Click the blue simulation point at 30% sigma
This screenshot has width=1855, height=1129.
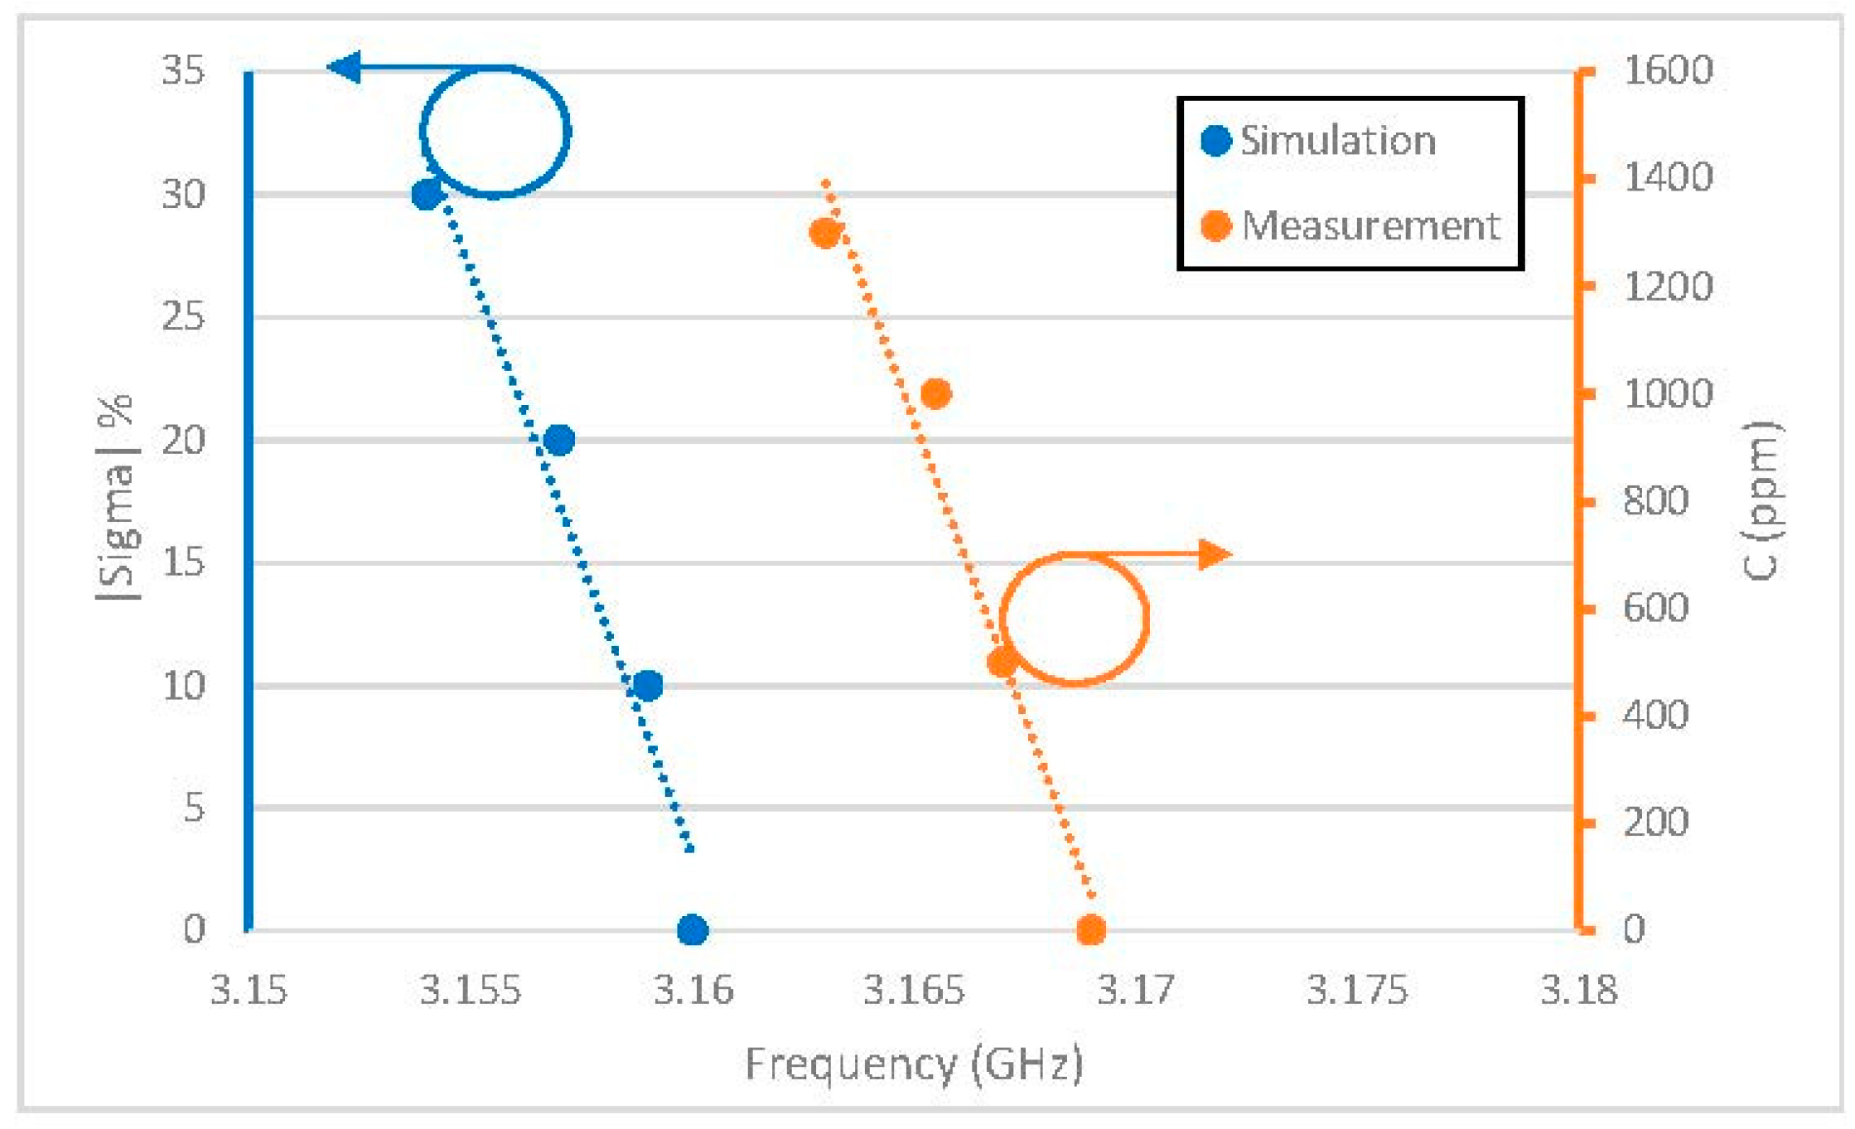(x=427, y=195)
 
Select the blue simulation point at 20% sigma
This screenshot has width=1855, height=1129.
(x=559, y=440)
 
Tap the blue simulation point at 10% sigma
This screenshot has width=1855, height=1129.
(x=648, y=685)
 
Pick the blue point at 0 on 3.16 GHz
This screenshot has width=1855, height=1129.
(x=693, y=929)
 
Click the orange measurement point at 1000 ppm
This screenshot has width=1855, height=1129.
(x=936, y=393)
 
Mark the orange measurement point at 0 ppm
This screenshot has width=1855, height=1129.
(x=1091, y=929)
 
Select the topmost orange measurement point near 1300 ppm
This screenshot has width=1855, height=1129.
(x=825, y=234)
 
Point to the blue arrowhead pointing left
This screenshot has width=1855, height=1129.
(x=344, y=67)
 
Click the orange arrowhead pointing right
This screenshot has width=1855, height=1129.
(x=1215, y=554)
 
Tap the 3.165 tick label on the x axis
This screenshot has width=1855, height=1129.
(x=914, y=990)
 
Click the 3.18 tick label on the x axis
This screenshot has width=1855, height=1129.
(x=1578, y=990)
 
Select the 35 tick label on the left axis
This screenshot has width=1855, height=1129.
(x=183, y=70)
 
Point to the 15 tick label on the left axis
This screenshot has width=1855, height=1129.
(x=183, y=563)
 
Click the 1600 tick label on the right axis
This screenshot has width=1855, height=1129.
(x=1668, y=70)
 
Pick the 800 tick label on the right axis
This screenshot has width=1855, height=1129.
(x=1655, y=501)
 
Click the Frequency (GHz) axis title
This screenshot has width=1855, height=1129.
(x=914, y=1064)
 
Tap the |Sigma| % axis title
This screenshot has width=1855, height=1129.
(x=118, y=499)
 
